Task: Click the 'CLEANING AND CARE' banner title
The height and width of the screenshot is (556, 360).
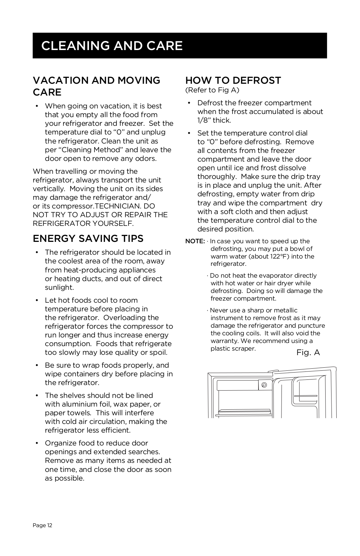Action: pos(112,46)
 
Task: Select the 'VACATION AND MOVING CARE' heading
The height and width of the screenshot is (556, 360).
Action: pos(96,86)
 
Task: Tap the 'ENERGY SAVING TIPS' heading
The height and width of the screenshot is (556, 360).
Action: pos(88,239)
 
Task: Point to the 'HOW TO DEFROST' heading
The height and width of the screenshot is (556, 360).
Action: pos(233,80)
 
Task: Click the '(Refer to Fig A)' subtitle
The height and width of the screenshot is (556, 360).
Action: pos(212,90)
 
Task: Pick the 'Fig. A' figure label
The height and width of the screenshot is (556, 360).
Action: pos(308,353)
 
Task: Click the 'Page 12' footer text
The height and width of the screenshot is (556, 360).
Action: pos(42,525)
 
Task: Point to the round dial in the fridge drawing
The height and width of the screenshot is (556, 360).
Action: pos(264,385)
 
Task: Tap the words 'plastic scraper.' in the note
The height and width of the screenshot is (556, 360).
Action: pos(233,349)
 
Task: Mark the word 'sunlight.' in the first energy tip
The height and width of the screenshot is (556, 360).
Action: pos(59,287)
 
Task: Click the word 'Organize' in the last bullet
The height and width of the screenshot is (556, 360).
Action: pos(60,443)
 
